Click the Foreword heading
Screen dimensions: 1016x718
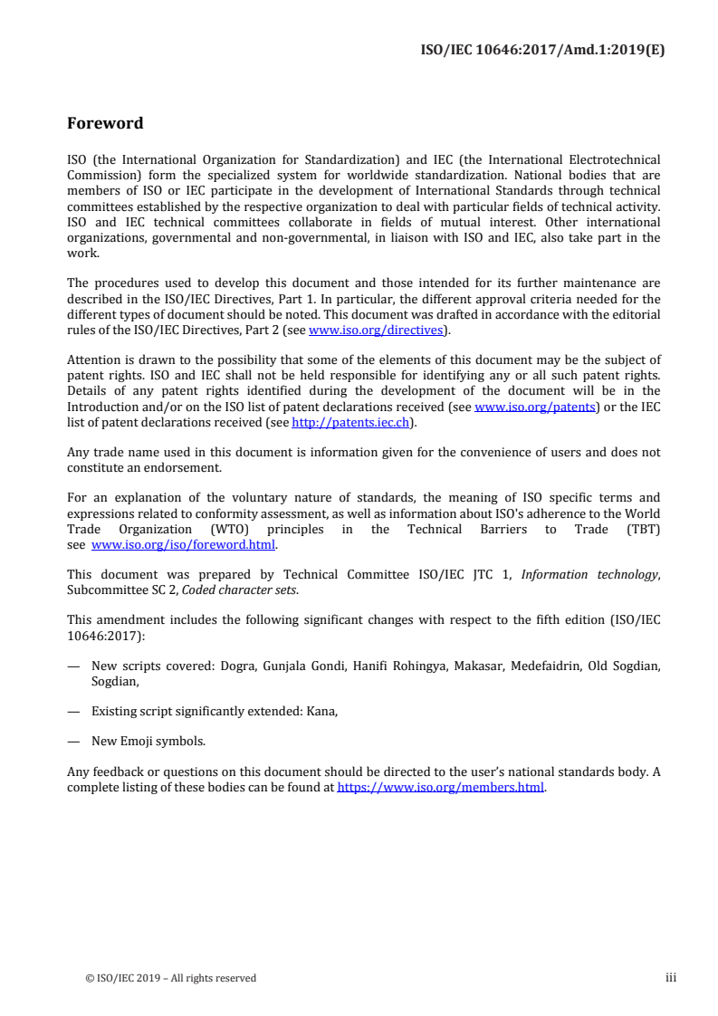(x=105, y=123)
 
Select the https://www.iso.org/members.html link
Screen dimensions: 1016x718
(x=441, y=787)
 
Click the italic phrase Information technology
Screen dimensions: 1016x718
(x=604, y=574)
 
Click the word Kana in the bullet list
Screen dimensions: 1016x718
(x=322, y=711)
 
